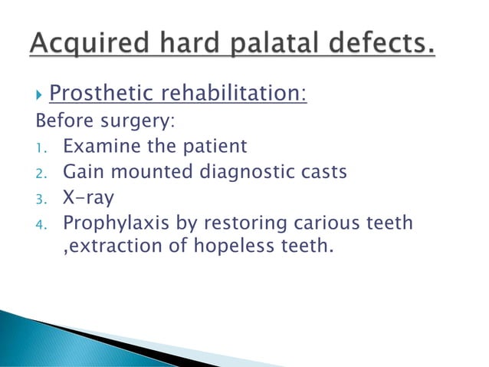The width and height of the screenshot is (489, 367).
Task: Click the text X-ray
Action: [x=88, y=197]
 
